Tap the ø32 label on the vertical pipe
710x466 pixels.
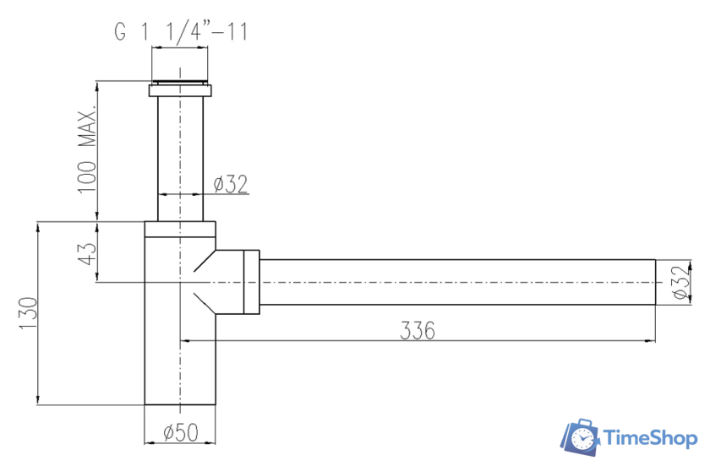pos(231,184)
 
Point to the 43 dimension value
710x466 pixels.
pos(88,252)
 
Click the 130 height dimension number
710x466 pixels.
pos(28,314)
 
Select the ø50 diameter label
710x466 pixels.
pos(180,432)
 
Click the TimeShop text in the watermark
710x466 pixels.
pos(648,437)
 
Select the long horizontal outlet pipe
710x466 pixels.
pos(456,282)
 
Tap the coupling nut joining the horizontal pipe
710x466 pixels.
pos(251,282)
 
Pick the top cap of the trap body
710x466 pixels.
pos(179,229)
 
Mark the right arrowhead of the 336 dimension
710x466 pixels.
pos(653,340)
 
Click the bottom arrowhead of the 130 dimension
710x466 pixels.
pos(37,400)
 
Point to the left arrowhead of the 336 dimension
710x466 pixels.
pos(184,340)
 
